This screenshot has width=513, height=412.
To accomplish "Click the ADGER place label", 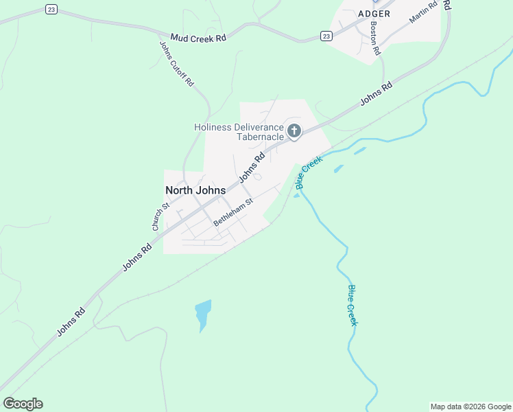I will tap(374, 14).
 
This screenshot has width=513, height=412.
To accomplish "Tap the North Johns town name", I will tap(195, 190).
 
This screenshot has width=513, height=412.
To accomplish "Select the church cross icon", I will tap(294, 130).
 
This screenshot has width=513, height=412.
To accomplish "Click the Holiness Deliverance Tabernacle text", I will tap(239, 132).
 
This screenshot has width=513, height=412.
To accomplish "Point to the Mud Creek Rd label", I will tap(198, 38).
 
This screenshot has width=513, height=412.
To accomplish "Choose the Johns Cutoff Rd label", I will tap(177, 63).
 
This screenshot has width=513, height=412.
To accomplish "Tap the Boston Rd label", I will tap(374, 37).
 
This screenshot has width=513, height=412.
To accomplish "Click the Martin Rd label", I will tap(423, 13).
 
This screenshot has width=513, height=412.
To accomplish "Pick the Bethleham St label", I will tap(233, 212).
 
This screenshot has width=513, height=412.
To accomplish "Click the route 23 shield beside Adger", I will tap(326, 36).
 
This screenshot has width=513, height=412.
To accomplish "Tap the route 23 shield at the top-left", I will tap(51, 9).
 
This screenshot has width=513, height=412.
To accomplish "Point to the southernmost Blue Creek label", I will tap(353, 305).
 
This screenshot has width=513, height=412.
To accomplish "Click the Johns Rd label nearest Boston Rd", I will tap(377, 94).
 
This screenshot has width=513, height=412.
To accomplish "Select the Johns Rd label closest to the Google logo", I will tap(71, 321).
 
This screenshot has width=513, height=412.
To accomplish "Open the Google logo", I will tap(23, 404).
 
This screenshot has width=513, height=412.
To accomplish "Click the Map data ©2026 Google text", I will tap(470, 407).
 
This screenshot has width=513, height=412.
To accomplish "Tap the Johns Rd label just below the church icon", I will tap(252, 168).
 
